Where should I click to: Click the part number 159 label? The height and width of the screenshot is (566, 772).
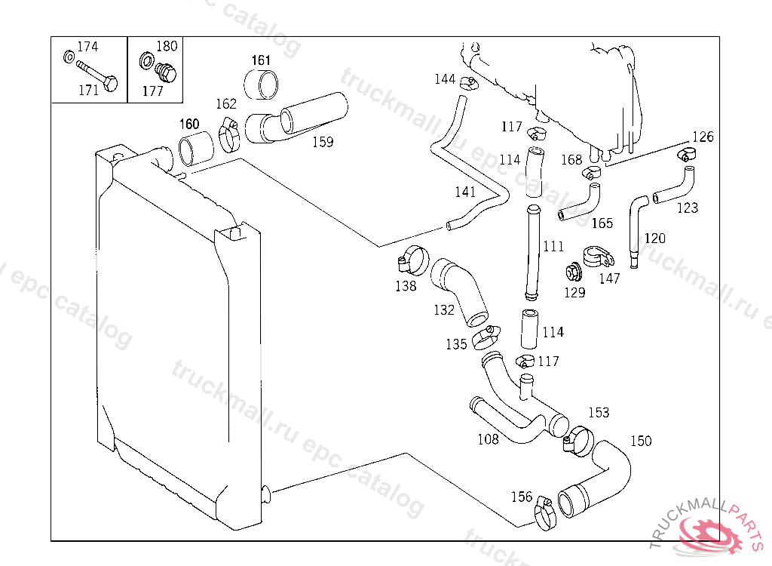tap(323, 141)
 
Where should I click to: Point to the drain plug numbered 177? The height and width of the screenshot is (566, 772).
tap(165, 73)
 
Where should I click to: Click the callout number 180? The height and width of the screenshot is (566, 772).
tap(167, 47)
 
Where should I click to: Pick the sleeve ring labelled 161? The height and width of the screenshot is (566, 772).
tap(260, 85)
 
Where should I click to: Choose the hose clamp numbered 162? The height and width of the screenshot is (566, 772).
tap(230, 133)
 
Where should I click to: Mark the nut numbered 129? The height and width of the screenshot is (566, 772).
tap(572, 271)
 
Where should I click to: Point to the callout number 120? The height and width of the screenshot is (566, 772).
tap(654, 238)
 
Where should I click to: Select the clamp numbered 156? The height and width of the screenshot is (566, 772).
tap(545, 513)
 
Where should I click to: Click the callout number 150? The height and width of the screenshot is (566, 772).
tap(641, 441)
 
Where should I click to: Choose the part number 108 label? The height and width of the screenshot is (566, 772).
tap(489, 439)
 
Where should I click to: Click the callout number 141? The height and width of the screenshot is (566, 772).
tap(465, 192)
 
